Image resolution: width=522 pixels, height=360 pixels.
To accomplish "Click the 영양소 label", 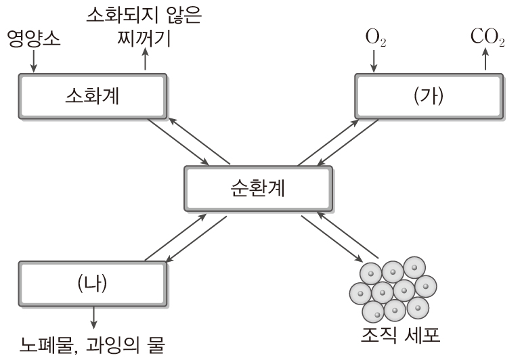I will click(x=33, y=39).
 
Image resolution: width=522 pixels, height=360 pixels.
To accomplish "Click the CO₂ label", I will click(x=487, y=39).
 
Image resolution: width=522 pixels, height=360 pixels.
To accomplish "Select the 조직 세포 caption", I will click(x=393, y=336).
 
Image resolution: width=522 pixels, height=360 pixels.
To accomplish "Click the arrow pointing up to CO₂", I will click(x=485, y=61).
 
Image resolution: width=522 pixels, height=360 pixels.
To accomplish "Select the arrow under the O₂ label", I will click(x=374, y=61).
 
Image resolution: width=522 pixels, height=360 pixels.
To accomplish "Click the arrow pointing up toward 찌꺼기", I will click(x=144, y=61).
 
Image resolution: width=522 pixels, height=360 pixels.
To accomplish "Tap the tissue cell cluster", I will click(x=393, y=289).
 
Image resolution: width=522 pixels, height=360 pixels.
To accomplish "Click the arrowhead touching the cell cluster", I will click(x=356, y=260).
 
